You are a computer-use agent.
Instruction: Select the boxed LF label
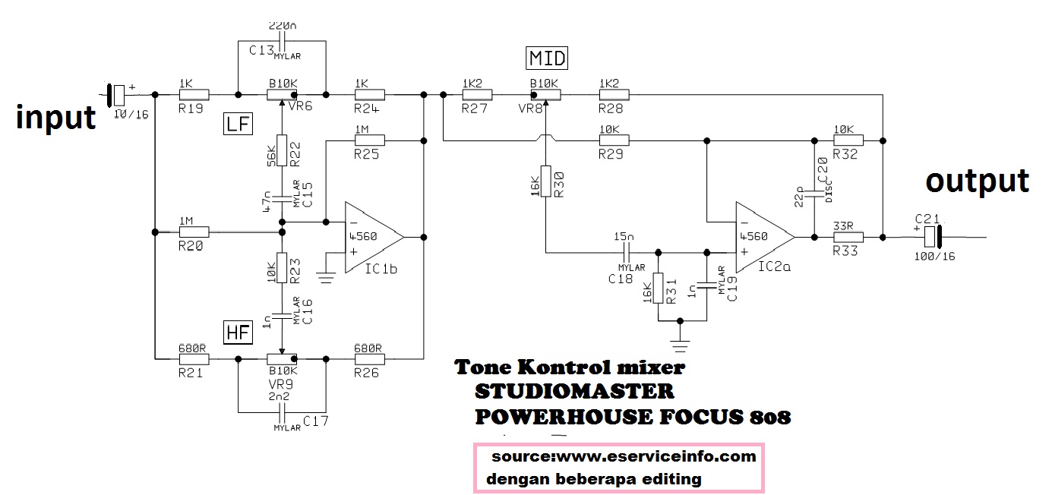tap(238, 124)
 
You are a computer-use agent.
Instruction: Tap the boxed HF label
tap(237, 331)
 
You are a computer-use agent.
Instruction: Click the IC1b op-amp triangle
tap(372, 238)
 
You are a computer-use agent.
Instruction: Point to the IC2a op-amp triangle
tap(763, 238)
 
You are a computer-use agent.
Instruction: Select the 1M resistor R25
tap(370, 140)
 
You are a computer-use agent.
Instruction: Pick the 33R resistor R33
tap(848, 238)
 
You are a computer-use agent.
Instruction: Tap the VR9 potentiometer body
tap(281, 358)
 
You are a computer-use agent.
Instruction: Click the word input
tap(56, 118)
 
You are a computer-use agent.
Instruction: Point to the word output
tap(977, 181)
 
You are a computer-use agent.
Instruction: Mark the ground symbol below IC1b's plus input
tap(327, 279)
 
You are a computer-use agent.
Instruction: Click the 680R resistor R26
tap(369, 358)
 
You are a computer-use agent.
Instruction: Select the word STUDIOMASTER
tap(574, 392)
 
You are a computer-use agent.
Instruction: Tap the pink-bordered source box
tap(618, 468)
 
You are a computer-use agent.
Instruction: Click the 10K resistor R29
tap(614, 140)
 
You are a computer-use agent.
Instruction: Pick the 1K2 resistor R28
tap(614, 95)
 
